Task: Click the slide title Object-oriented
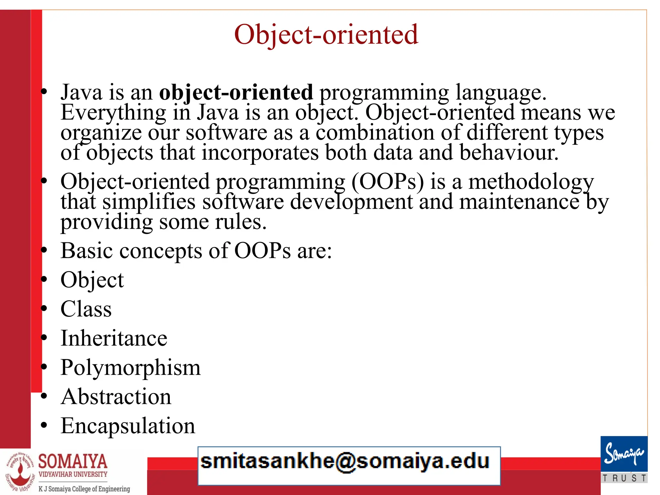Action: point(326,34)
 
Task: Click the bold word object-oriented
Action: point(236,92)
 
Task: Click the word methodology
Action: point(531,181)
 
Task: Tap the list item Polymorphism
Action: point(131,367)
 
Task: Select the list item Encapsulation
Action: point(128,426)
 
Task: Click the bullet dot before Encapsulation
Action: point(44,426)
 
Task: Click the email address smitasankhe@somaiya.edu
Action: point(345,461)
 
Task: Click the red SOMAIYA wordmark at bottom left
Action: point(73,461)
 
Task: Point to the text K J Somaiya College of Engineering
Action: point(84,489)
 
